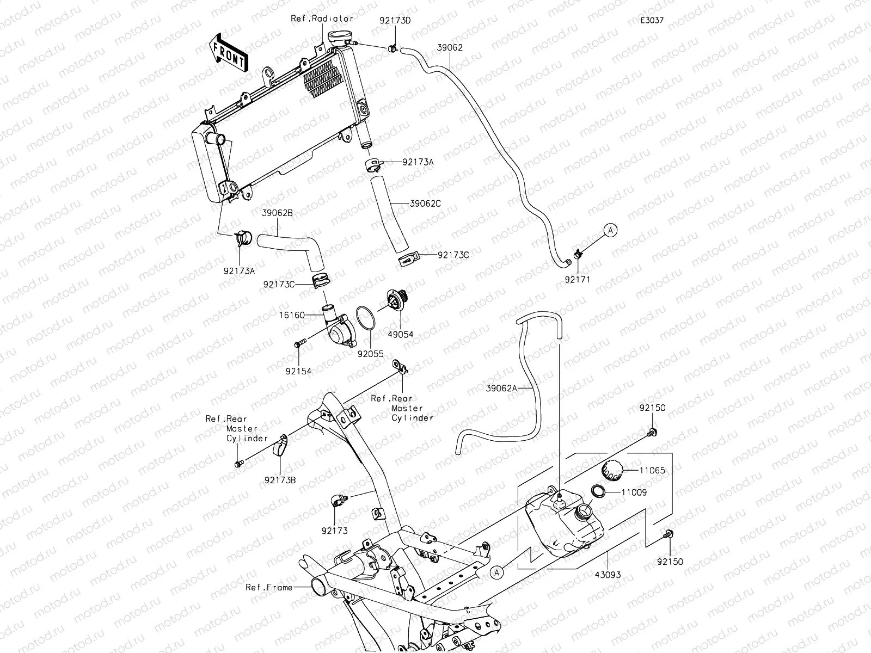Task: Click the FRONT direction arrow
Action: [x=228, y=53]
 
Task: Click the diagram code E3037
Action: [x=652, y=20]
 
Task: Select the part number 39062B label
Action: [x=277, y=213]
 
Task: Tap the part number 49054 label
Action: [x=400, y=334]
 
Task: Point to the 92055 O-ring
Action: [x=366, y=318]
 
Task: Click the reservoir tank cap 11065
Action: [x=611, y=470]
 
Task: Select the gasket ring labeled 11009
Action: [x=598, y=491]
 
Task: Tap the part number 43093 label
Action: [x=608, y=575]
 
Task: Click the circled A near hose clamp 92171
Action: [x=611, y=230]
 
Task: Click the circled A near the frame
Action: [x=496, y=572]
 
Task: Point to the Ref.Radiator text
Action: [x=322, y=19]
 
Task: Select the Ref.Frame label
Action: [x=269, y=587]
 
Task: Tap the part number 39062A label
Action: [x=501, y=388]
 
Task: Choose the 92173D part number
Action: [x=395, y=20]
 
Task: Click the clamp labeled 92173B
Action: [x=280, y=445]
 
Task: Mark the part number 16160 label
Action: [x=292, y=315]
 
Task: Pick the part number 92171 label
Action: [x=578, y=280]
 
